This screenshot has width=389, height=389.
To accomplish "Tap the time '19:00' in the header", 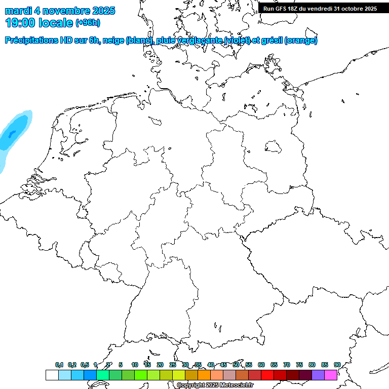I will pos(21,23).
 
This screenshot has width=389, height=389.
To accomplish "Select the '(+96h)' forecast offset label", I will pos(88,23).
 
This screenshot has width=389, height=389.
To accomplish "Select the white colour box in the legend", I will pos(52,375).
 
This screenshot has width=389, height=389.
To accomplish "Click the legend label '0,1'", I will pos(59,365).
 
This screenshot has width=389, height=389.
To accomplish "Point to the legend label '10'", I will pos(134,365).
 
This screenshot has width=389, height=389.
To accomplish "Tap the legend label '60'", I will pos(261,365).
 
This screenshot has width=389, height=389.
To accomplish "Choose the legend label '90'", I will pos(337,365).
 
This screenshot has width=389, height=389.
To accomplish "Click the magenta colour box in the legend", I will pos(331,375).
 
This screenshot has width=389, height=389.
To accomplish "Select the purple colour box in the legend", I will pos(318,375).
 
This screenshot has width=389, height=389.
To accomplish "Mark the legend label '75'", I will pos(299,365).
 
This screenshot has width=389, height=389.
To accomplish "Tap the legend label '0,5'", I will pos(85,365).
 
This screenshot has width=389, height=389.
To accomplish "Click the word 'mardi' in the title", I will pos(18,11).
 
